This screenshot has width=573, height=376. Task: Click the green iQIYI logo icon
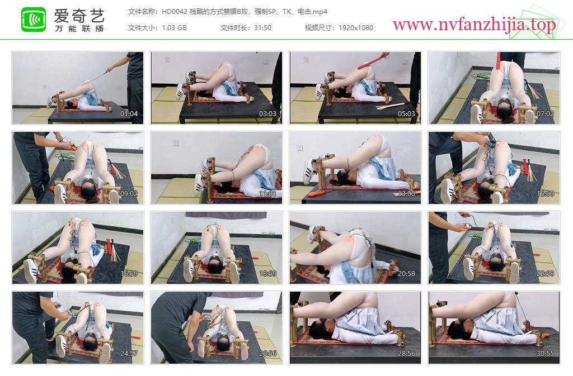34,20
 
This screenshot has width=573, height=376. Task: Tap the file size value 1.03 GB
175,28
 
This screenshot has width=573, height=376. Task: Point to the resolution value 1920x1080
356,28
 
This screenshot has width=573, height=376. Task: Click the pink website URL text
475,25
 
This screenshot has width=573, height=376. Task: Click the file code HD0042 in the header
175,12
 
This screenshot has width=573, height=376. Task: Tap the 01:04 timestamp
129,114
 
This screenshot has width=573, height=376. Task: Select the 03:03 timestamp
267,114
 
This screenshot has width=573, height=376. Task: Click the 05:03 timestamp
406,114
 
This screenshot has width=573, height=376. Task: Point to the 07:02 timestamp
545,114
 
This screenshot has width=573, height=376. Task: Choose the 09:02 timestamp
129,194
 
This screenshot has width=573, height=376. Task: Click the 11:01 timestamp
267,194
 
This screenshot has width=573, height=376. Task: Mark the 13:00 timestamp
406,194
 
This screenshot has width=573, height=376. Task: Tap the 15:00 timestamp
545,194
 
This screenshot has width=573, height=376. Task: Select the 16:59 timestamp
129,274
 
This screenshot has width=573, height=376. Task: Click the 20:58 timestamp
406,274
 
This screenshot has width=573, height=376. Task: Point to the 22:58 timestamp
545,274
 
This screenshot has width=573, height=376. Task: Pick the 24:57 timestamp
129,354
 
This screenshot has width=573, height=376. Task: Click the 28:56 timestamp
406,354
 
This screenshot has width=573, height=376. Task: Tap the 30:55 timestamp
545,354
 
